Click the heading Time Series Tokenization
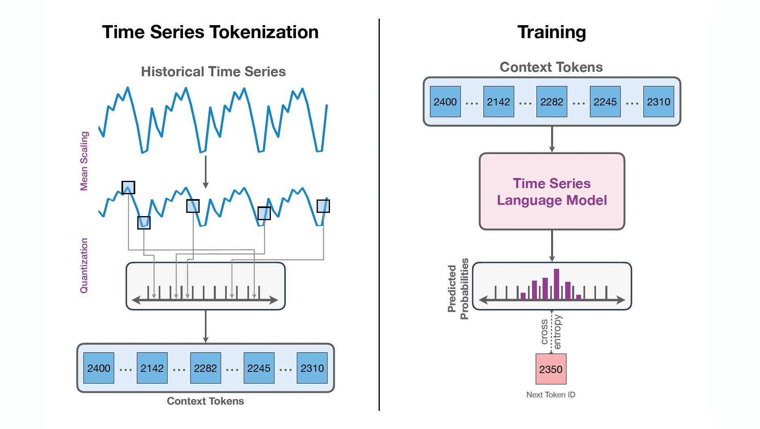point(210,32)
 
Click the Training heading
point(551,32)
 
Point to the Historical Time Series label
point(213,72)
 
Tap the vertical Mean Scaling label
point(84,161)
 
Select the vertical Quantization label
point(84,266)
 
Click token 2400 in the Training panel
point(445,102)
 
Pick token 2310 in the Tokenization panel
point(312,368)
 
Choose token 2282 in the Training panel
point(552,102)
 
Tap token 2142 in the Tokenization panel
point(152,368)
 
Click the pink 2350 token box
point(551,369)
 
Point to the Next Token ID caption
point(551,395)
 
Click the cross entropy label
point(551,332)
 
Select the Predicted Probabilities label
point(458,289)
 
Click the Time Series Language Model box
point(552,191)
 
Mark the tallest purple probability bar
point(556,284)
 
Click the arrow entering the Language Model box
point(552,139)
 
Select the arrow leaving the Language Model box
point(552,246)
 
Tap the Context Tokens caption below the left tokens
point(205,401)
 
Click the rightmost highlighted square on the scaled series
point(323,206)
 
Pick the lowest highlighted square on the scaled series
point(144,223)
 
